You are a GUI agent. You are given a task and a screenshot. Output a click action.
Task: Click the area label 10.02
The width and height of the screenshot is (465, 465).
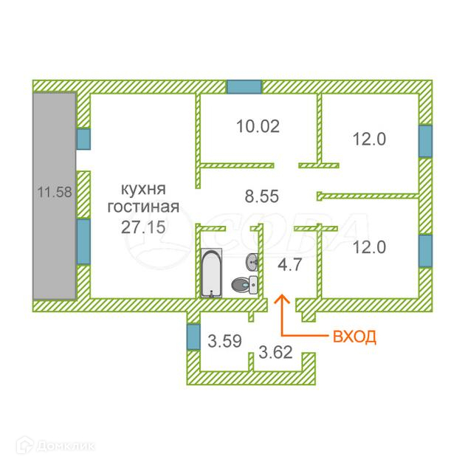click(258, 125)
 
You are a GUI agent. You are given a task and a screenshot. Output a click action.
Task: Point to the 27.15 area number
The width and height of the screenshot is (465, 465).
click(142, 225)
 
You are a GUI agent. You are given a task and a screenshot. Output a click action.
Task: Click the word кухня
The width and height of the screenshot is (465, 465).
click(142, 188)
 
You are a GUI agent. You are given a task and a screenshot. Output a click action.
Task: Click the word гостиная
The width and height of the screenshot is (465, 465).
click(142, 207)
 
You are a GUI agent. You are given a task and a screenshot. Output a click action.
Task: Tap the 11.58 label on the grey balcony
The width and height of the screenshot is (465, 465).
click(54, 193)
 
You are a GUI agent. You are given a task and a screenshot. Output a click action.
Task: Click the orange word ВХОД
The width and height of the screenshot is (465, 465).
click(355, 337)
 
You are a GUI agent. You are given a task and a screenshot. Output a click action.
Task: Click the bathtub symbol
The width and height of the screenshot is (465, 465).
click(211, 272)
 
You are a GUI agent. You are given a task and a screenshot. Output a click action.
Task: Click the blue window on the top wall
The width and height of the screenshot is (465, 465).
click(244, 86)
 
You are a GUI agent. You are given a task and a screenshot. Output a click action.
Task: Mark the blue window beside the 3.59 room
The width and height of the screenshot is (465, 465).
click(193, 337)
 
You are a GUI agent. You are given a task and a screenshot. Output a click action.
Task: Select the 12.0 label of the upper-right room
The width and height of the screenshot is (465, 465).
click(369, 137)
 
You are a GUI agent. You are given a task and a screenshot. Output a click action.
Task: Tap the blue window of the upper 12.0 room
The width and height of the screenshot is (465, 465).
click(425, 141)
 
